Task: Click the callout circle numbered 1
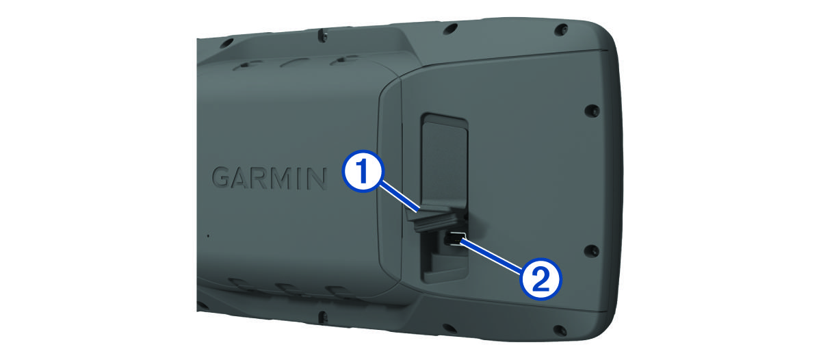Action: [363, 171]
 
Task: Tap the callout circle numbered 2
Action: [540, 279]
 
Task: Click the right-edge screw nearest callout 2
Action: [591, 250]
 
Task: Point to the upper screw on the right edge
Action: [592, 110]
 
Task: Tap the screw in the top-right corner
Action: [561, 29]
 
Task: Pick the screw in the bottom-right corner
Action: [560, 330]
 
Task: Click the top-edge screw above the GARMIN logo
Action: [323, 36]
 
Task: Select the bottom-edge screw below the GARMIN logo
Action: [322, 317]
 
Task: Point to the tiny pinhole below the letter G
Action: [208, 235]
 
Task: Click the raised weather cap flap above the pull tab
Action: [444, 162]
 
